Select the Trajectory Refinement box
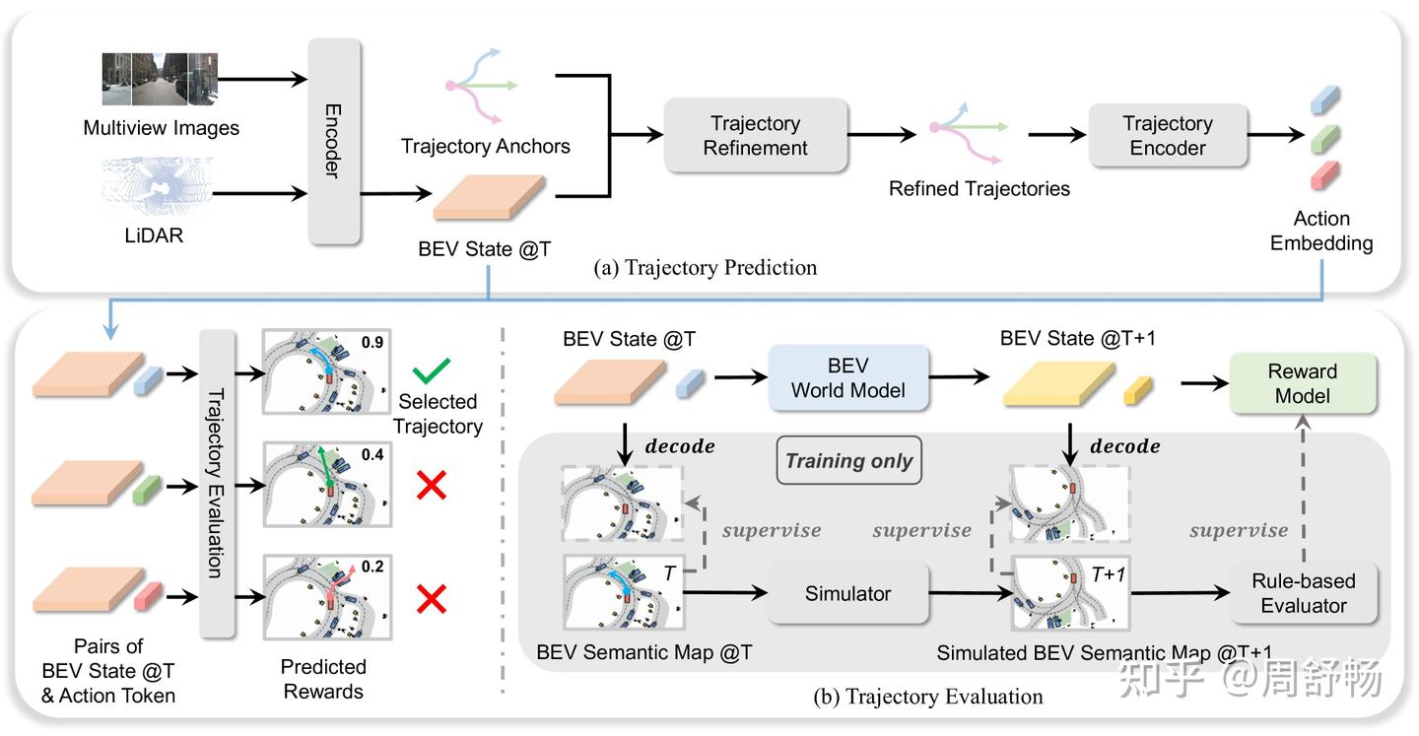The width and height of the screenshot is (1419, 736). [x=756, y=136]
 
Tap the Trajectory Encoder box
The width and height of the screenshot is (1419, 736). [x=1168, y=136]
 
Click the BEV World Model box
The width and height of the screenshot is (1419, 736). [x=847, y=377]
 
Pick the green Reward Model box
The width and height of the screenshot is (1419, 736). [x=1303, y=383]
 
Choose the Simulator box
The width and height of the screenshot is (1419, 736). [x=847, y=594]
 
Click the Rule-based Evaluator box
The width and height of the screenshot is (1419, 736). [x=1303, y=594]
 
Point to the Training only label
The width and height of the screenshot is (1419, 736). [x=849, y=461]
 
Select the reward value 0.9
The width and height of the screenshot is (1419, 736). [x=372, y=343]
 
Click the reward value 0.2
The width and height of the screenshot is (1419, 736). [x=372, y=567]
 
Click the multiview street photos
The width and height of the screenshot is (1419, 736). [x=160, y=80]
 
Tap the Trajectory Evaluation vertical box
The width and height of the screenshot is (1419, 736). [x=217, y=483]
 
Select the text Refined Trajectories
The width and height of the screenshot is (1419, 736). [x=979, y=188]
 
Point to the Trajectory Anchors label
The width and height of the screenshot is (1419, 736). [x=485, y=147]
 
